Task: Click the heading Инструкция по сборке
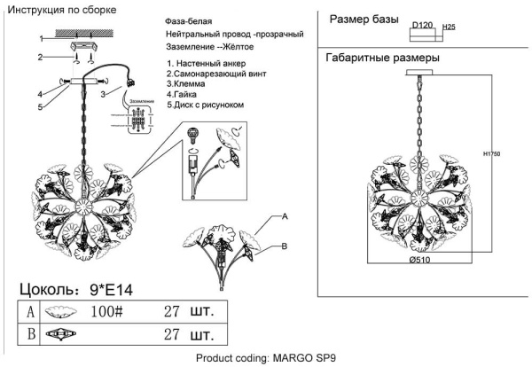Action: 64,9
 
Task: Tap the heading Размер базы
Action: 365,19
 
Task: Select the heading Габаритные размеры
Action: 383,59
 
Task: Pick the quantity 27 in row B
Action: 172,336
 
